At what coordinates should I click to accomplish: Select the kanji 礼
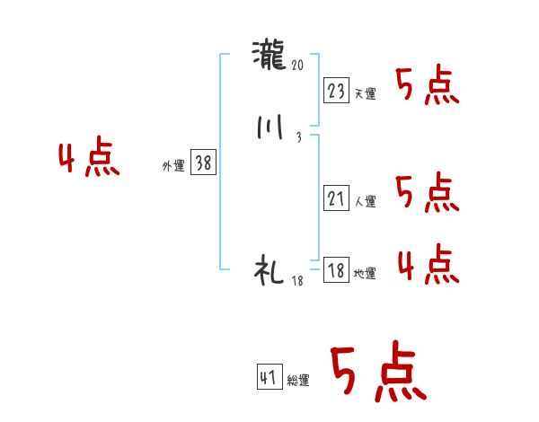tap(270, 270)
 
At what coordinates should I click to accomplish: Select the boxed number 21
tap(336, 198)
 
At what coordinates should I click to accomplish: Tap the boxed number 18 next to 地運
tap(336, 270)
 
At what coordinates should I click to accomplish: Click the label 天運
tap(365, 93)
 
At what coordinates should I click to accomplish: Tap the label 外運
tap(172, 166)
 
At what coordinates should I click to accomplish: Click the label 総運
tap(298, 381)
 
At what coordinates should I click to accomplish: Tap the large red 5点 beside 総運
tap(378, 372)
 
